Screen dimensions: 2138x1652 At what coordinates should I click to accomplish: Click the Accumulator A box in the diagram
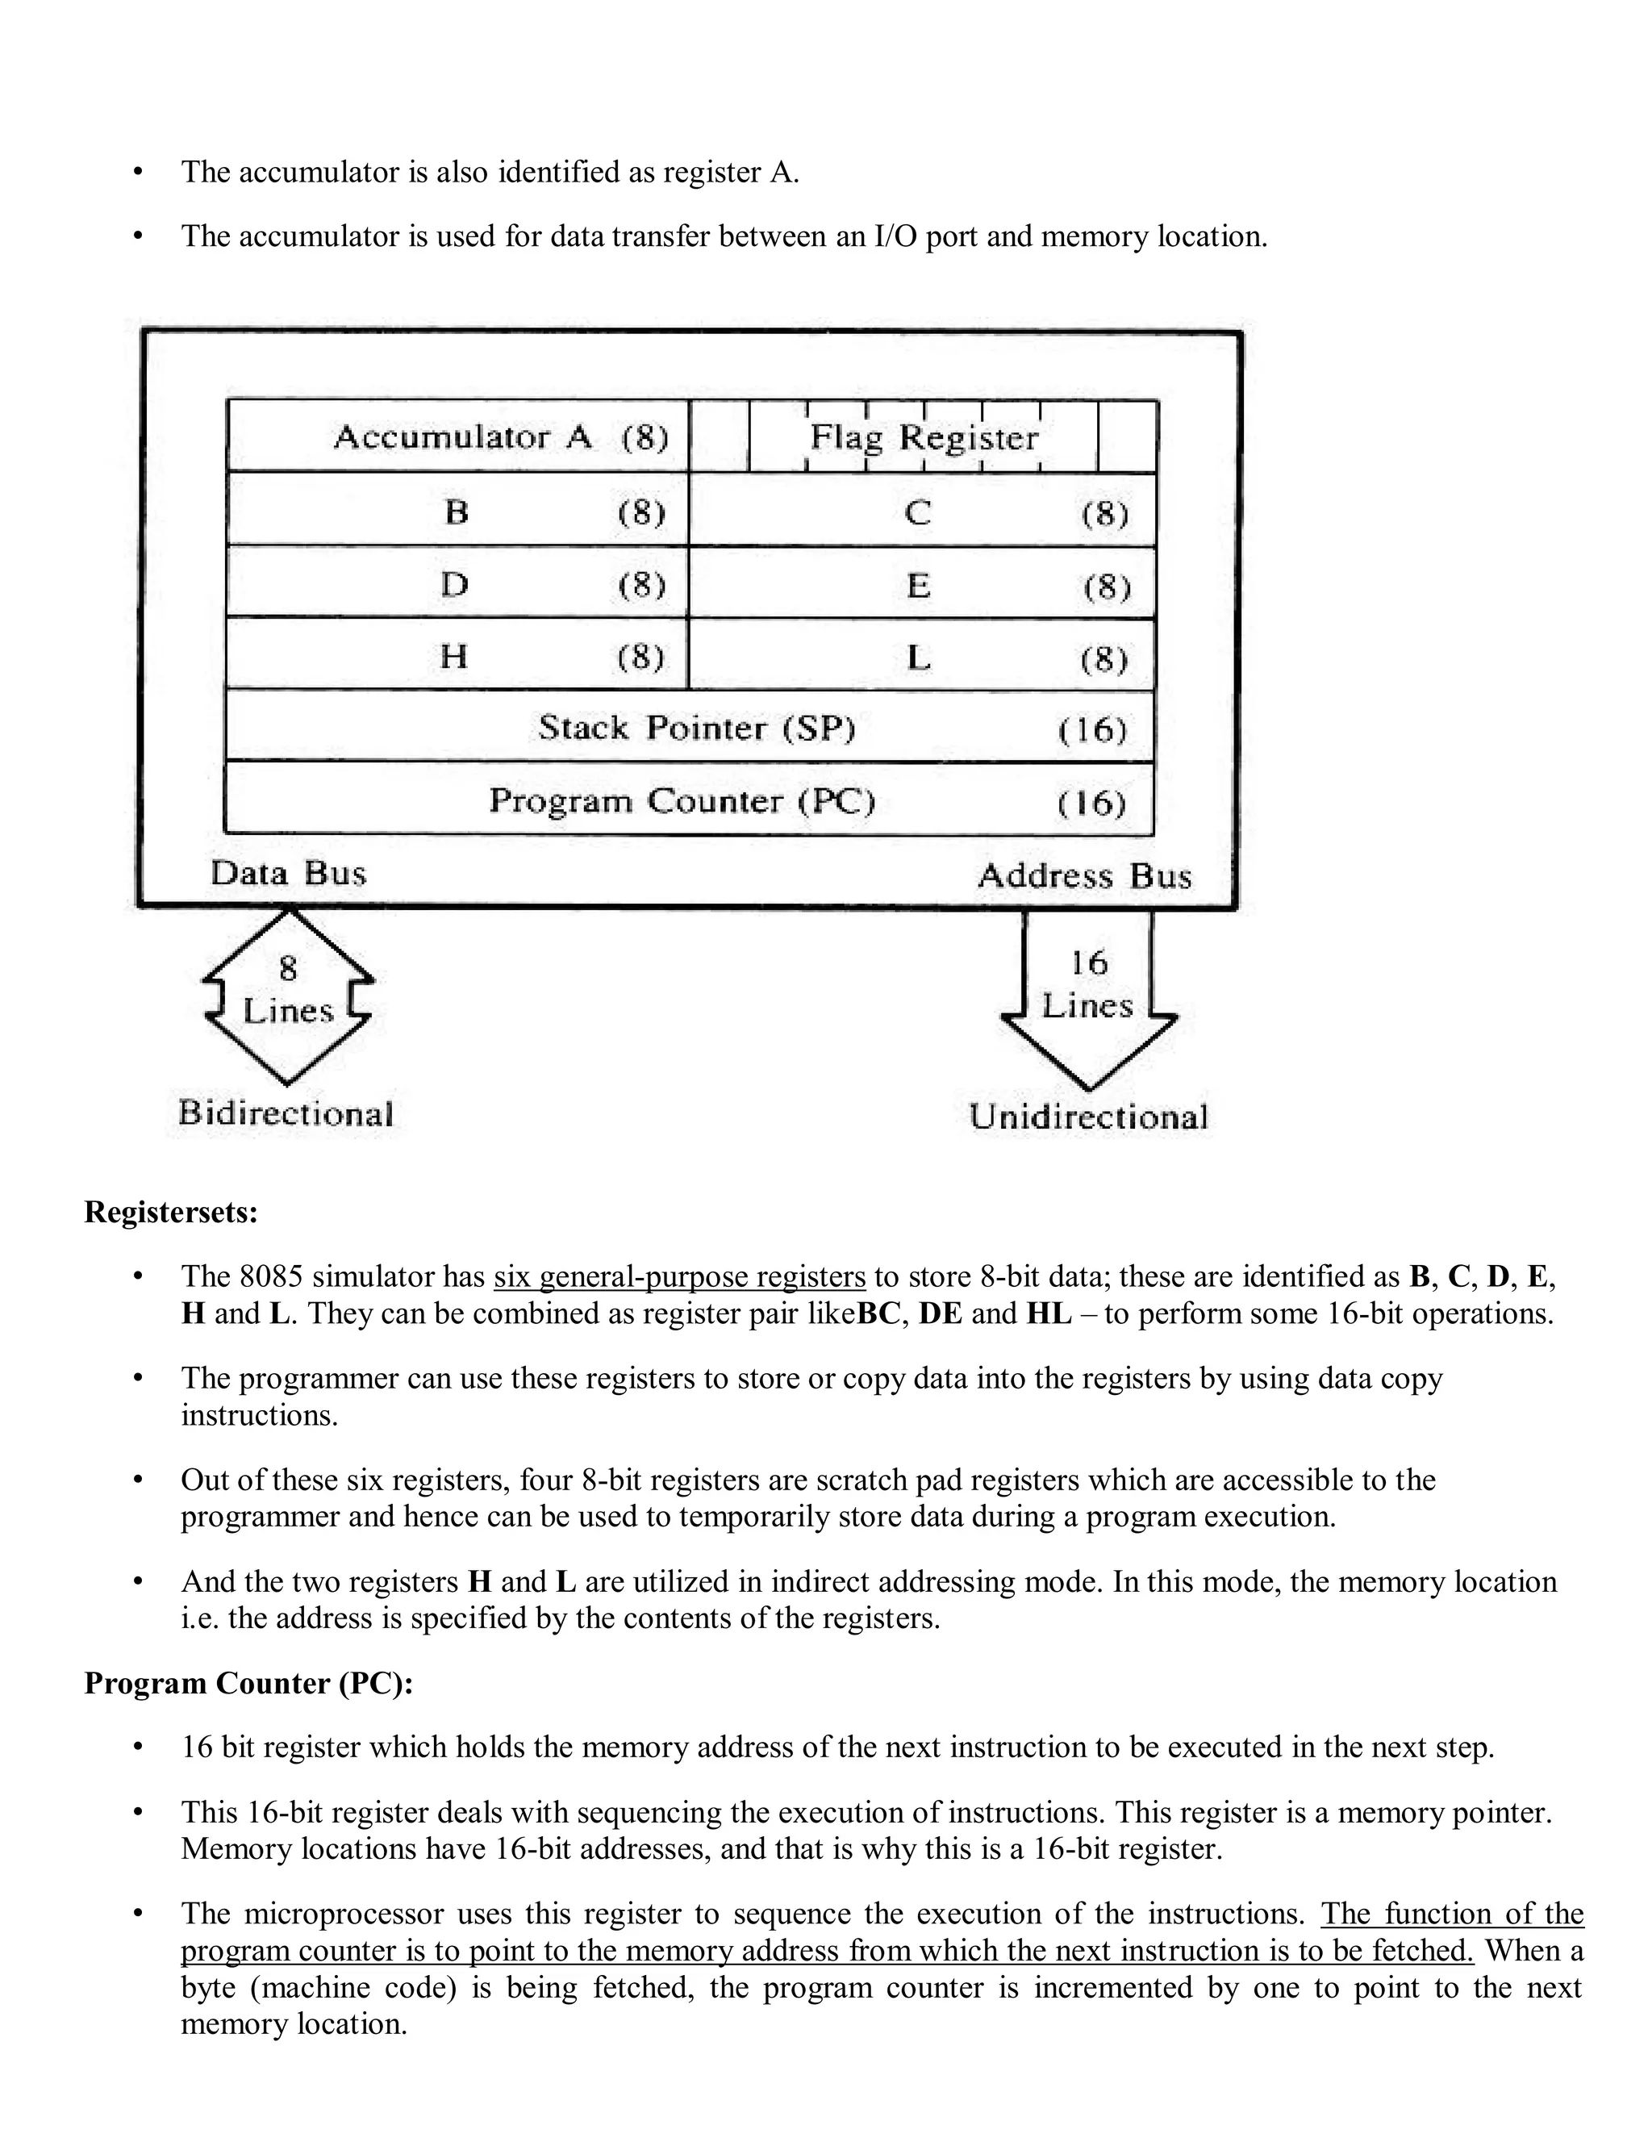(458, 436)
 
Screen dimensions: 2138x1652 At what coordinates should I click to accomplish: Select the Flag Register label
(924, 436)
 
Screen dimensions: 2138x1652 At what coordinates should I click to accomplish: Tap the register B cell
(457, 511)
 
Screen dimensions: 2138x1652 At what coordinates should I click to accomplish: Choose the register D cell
(457, 584)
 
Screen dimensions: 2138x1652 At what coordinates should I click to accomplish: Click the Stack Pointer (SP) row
(689, 729)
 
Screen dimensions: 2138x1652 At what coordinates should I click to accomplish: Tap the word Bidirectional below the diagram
(286, 1113)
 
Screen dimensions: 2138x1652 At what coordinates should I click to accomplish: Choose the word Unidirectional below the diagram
(1088, 1117)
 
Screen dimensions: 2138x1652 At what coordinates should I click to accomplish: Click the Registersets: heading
(171, 1212)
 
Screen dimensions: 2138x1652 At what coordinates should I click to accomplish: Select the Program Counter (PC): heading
(248, 1683)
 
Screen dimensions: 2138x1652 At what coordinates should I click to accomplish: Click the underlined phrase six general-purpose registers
(679, 1276)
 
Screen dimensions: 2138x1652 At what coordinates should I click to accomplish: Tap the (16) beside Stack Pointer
(1092, 729)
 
